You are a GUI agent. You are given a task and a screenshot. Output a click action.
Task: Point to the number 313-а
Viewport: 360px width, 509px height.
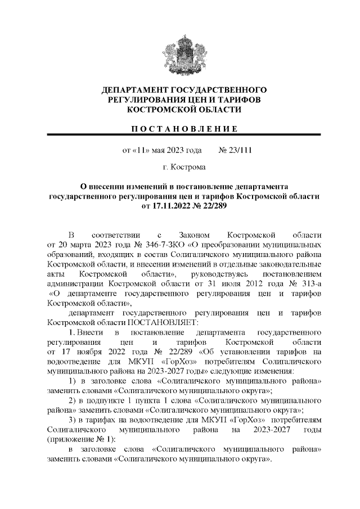tap(308, 283)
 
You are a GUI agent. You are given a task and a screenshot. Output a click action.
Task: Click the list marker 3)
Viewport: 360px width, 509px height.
tap(72, 420)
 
